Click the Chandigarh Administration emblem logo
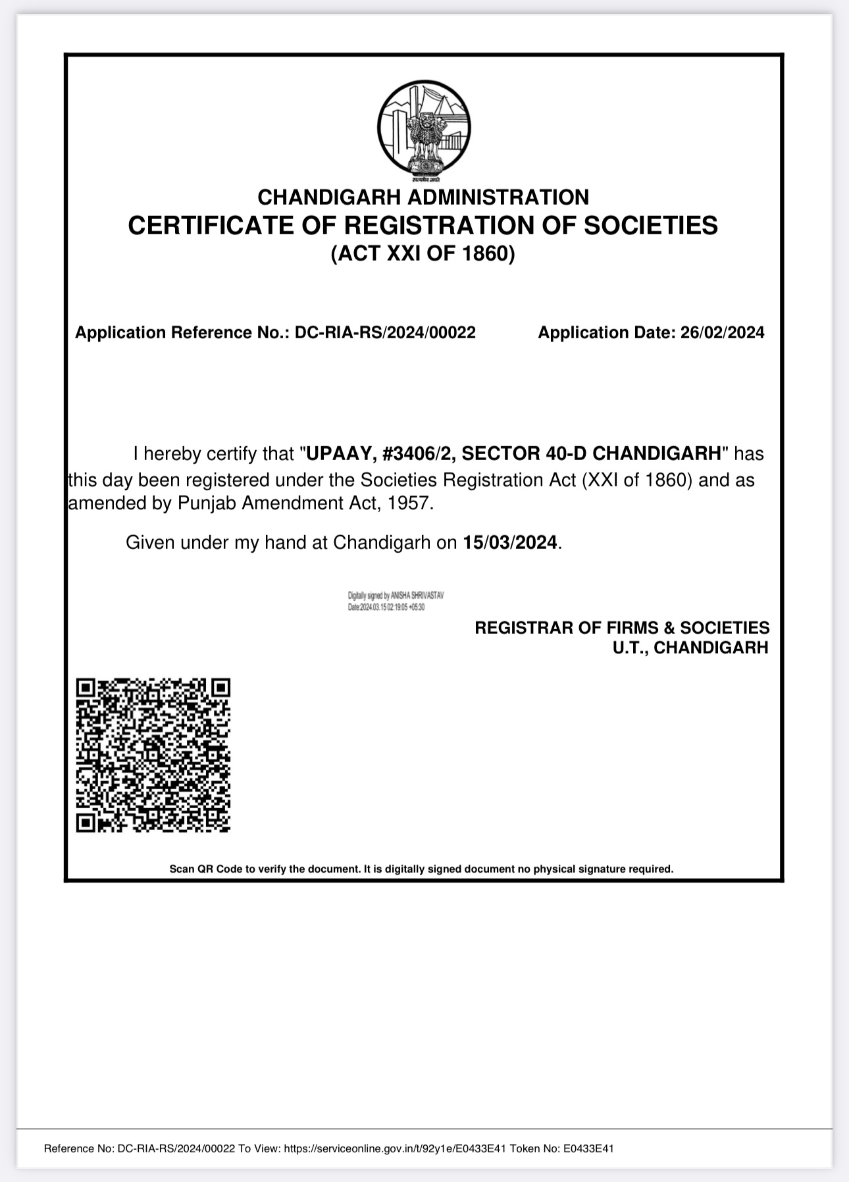pyautogui.click(x=424, y=130)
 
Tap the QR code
pyautogui.click(x=153, y=755)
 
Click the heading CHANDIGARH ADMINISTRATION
pyautogui.click(x=423, y=197)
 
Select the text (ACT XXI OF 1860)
pyautogui.click(x=423, y=253)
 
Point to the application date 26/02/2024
pyautogui.click(x=722, y=332)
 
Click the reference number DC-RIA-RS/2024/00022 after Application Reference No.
pyautogui.click(x=385, y=332)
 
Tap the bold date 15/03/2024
pyautogui.click(x=510, y=542)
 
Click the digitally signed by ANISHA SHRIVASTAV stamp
pyautogui.click(x=396, y=601)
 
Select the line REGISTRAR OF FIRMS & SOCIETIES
pyautogui.click(x=622, y=627)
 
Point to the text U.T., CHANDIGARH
pyautogui.click(x=690, y=648)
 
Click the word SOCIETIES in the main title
pyautogui.click(x=651, y=225)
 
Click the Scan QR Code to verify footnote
pyautogui.click(x=421, y=869)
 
